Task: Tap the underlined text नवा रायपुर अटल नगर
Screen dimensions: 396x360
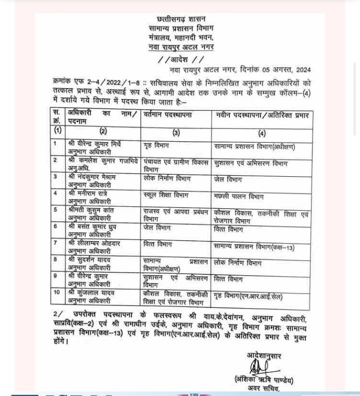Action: point(180,47)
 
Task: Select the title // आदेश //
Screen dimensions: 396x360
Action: point(180,60)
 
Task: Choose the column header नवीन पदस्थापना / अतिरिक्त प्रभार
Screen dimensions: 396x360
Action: point(262,116)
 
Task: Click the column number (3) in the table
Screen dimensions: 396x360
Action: point(176,133)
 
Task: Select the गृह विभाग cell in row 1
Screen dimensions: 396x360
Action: point(155,146)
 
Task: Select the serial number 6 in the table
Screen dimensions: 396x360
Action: point(55,226)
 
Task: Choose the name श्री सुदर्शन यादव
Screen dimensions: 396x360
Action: point(89,260)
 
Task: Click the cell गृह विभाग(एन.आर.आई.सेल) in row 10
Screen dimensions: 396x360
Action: point(247,296)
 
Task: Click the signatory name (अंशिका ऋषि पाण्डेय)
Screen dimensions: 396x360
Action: point(263,380)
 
